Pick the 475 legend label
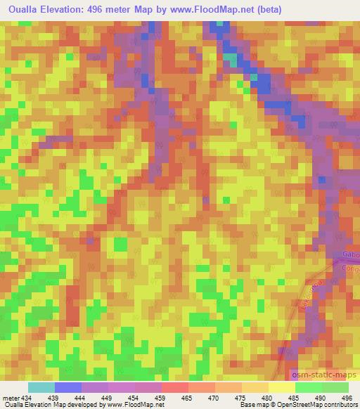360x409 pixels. point(241,397)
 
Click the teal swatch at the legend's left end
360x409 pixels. point(41,387)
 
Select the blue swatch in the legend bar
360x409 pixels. point(68,387)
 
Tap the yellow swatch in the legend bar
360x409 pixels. point(281,387)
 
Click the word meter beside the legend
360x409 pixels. point(11,397)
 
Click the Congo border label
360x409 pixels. point(348,267)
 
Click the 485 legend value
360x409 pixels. point(294,397)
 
